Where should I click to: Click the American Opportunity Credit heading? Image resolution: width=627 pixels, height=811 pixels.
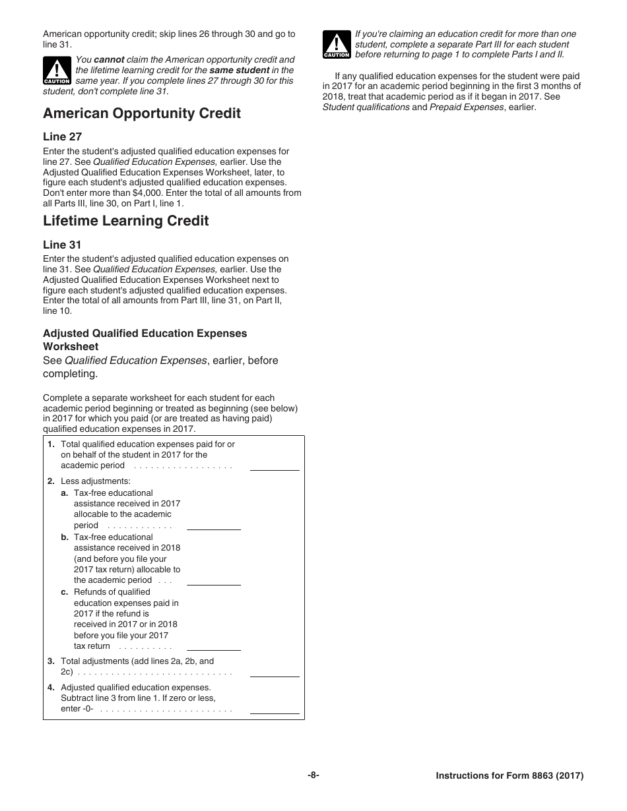[x=142, y=113]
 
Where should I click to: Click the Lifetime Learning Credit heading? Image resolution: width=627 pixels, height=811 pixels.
[x=125, y=221]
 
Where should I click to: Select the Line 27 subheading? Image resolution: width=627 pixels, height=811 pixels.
[x=63, y=136]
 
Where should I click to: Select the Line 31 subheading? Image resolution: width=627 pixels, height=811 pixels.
[x=62, y=245]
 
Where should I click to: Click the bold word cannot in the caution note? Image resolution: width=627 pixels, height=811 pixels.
[x=109, y=59]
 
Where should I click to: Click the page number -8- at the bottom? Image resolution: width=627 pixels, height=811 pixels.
[x=313, y=775]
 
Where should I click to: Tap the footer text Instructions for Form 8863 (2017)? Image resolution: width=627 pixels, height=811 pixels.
[x=510, y=776]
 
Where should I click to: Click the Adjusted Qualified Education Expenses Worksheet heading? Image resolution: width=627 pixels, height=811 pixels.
[x=145, y=340]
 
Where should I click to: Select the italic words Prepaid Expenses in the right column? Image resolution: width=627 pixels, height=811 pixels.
[x=467, y=107]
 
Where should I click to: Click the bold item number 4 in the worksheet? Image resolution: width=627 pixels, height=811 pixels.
[x=51, y=687]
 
